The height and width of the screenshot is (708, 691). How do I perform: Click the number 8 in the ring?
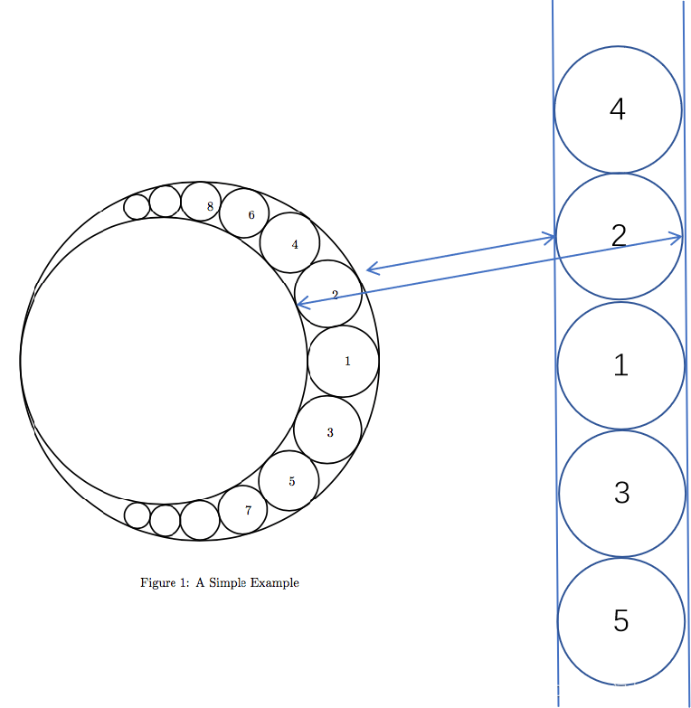210,206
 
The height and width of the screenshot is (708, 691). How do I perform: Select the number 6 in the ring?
251,215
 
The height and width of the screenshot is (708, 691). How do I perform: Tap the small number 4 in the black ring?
295,245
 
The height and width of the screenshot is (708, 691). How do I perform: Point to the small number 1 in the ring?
347,361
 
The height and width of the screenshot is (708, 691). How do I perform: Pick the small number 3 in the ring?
330,432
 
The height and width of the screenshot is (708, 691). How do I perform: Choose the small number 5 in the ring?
292,481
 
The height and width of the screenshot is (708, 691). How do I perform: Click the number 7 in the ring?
248,510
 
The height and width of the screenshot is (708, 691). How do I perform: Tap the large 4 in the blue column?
618,109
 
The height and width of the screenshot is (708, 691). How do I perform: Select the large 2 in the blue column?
620,236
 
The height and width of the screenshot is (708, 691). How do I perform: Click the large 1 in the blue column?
621,364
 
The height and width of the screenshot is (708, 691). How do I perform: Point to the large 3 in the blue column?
622,493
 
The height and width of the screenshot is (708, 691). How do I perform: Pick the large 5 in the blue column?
621,620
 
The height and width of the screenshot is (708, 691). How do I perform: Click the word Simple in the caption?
228,583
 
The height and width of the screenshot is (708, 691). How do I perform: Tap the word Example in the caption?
275,583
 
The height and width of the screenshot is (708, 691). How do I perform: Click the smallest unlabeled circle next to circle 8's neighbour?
137,207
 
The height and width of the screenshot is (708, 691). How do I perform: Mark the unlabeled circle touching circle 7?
200,520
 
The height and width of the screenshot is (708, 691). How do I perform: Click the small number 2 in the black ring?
335,295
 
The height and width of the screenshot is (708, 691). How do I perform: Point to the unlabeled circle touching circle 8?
165,202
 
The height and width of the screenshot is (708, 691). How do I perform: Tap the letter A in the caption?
200,582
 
